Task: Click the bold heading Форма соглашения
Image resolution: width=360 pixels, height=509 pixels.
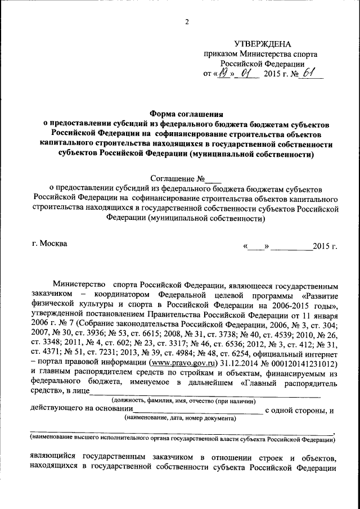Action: (x=186, y=112)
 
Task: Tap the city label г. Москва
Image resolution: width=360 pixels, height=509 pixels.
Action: (x=49, y=244)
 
